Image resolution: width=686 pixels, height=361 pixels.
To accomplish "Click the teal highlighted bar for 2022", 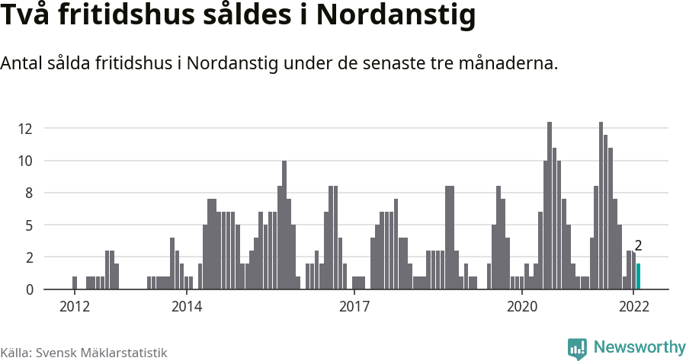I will point(639,276).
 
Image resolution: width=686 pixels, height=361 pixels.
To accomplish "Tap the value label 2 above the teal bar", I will point(638,246).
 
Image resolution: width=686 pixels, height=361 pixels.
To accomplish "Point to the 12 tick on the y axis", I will point(26,129).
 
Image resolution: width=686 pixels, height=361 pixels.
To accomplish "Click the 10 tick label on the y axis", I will point(26,161).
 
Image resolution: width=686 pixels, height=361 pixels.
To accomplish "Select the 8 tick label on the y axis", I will point(29,193).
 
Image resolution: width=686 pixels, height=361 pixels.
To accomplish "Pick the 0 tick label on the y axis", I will point(29,289).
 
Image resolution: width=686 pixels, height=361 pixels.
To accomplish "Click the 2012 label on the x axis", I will point(74,307).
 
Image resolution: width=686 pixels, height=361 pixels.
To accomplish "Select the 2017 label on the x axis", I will point(354,307).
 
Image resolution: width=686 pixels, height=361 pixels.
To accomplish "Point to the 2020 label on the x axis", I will point(522,307).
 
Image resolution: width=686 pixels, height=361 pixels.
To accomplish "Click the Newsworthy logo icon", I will point(577,349).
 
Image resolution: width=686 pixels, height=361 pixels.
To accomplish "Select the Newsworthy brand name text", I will point(639,348).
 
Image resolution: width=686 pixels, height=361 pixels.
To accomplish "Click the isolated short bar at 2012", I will point(75,283).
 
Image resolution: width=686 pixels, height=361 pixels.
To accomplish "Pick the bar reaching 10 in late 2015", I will point(284,225).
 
